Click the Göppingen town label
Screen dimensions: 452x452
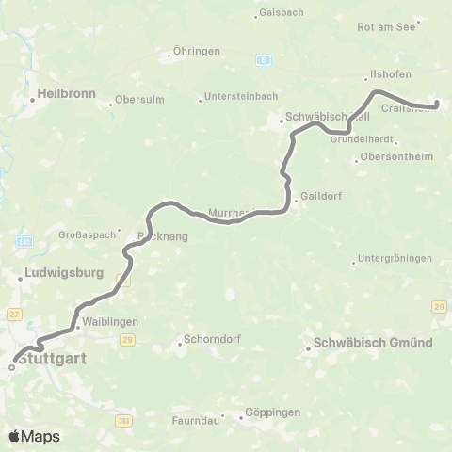click(271, 412)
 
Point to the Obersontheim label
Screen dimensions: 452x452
click(395, 157)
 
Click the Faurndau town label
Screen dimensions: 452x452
click(194, 420)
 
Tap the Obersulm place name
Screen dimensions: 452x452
click(140, 101)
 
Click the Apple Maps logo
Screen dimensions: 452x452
click(34, 436)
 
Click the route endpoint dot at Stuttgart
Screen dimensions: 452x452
click(12, 368)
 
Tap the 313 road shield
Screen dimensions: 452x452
click(124, 420)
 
